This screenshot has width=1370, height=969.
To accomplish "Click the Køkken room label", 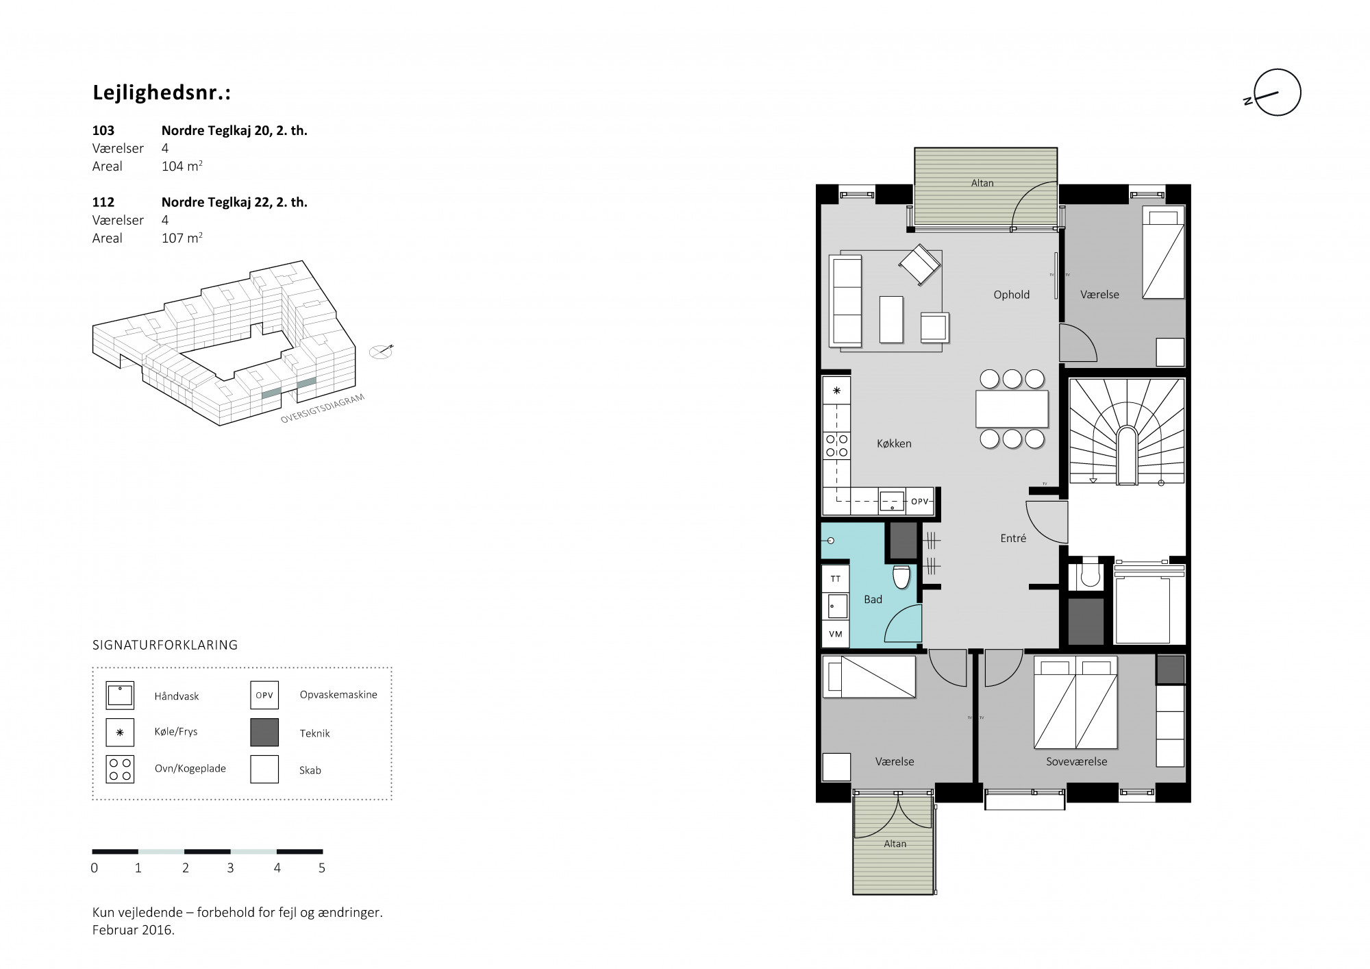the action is (894, 444).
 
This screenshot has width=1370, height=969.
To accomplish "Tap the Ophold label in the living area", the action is (1012, 295).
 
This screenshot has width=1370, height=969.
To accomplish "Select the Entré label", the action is (1013, 539).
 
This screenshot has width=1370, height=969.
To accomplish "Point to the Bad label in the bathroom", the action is (873, 600).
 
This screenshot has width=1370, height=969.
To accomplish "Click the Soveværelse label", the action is (1076, 761).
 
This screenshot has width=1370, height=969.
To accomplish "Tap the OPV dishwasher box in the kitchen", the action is (920, 502).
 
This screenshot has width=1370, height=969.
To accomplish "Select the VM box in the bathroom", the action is (836, 634).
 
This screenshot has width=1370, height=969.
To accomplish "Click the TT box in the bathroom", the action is (836, 579).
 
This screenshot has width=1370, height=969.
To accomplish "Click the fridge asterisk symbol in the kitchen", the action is (836, 391).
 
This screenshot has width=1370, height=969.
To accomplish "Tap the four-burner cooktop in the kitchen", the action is (836, 445).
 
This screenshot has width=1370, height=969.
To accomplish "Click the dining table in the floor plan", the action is (1012, 409).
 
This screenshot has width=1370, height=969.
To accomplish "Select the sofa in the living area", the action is (845, 301).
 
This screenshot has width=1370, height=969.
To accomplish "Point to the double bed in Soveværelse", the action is (1075, 702).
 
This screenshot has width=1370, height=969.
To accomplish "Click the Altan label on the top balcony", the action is (982, 184).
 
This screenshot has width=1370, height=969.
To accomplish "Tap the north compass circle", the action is (1278, 93).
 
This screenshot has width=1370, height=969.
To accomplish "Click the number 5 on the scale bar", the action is (322, 868).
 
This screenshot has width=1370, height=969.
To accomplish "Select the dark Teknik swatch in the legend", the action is (264, 733).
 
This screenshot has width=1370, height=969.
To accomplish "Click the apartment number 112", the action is (103, 202).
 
